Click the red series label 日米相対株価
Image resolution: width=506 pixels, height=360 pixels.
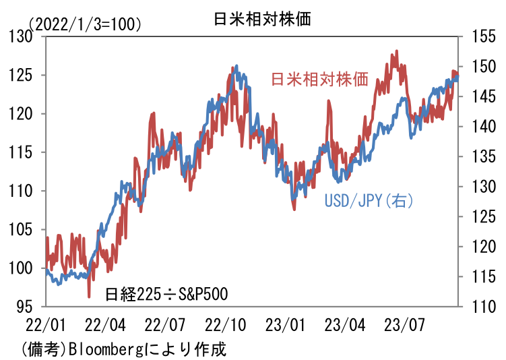[319, 80]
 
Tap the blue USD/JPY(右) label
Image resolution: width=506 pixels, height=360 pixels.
[368, 200]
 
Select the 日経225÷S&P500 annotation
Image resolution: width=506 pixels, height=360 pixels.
[166, 295]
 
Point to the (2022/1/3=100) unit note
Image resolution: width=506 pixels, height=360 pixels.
[86, 24]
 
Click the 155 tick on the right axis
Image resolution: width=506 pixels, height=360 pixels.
[478, 36]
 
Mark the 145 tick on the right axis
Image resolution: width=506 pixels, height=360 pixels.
[478, 96]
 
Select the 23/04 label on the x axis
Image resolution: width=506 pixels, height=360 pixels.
[346, 326]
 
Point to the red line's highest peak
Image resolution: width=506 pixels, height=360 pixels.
[396, 51]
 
